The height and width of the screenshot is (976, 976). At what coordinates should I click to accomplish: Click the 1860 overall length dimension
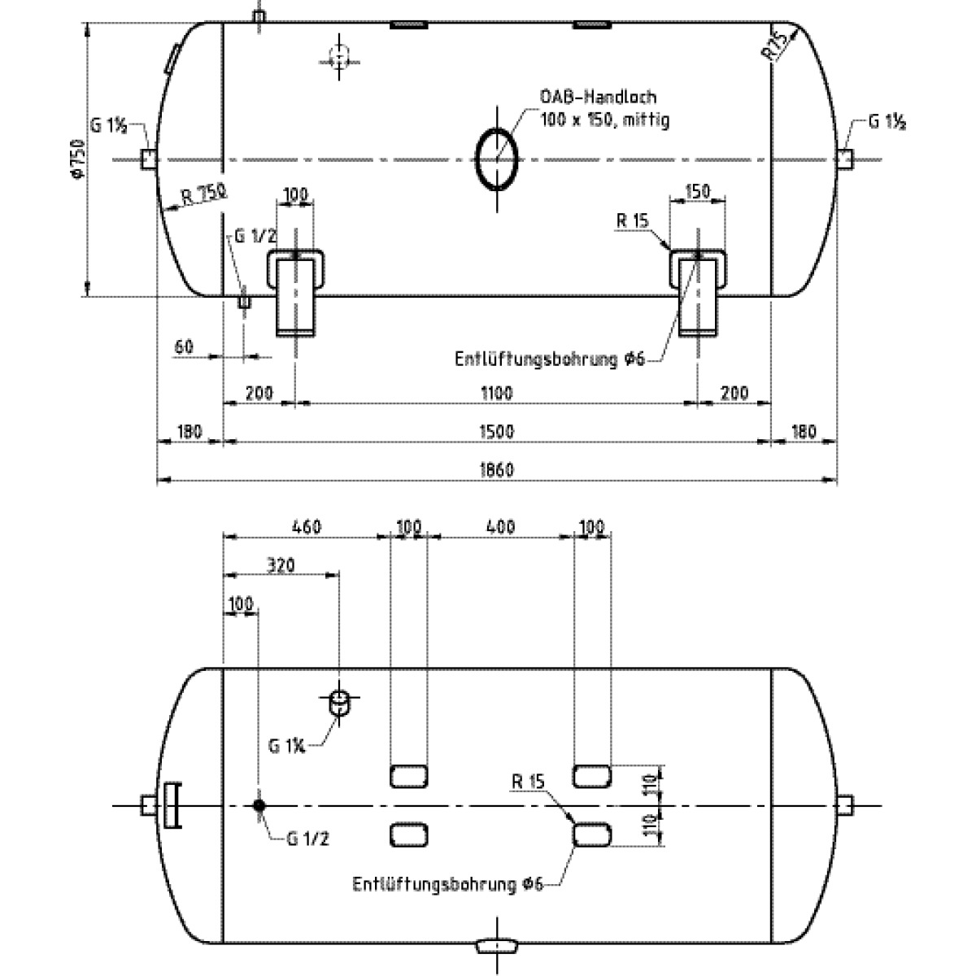(496, 470)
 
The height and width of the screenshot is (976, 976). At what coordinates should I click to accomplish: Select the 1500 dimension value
(496, 431)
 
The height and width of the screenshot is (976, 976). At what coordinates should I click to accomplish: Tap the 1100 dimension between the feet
(496, 393)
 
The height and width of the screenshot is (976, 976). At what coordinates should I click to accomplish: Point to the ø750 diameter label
(77, 159)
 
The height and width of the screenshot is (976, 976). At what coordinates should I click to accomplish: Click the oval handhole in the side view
(497, 159)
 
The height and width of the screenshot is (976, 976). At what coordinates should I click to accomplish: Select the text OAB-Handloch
(598, 97)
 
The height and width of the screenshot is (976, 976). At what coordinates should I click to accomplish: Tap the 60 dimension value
(184, 347)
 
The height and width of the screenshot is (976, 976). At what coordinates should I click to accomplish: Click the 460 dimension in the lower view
(306, 527)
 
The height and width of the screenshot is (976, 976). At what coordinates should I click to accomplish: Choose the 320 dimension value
(280, 564)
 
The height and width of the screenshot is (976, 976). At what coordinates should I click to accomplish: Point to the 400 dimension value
(499, 527)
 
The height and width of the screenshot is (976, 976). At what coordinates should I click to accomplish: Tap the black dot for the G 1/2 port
(259, 805)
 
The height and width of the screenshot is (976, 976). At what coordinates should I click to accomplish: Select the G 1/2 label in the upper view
(255, 237)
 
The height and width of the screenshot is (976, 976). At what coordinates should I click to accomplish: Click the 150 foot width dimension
(698, 191)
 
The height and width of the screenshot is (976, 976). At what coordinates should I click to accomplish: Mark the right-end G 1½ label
(887, 123)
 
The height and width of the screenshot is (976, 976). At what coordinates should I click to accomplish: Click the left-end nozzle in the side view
(148, 159)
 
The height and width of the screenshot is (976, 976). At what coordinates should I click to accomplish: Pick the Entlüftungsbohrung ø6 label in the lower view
(447, 884)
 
